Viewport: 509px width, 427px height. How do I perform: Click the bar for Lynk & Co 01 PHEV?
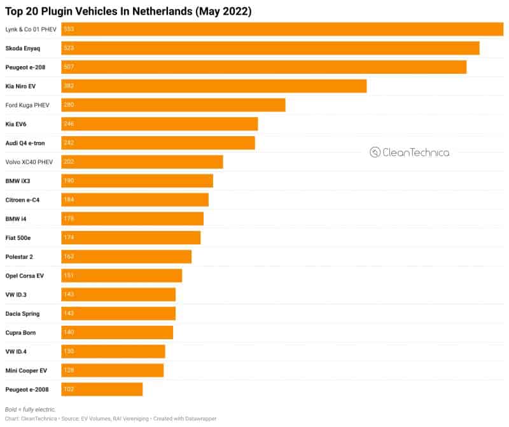coord(282,29)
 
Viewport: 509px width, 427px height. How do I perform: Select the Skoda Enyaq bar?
coord(270,48)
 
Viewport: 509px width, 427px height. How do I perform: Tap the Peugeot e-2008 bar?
coord(102,389)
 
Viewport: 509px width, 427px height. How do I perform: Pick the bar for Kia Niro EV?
coord(214,86)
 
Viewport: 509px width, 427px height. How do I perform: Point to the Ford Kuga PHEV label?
coord(27,105)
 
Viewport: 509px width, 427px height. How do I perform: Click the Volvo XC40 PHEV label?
coord(29,162)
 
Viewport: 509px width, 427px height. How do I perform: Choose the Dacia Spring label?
coord(22,314)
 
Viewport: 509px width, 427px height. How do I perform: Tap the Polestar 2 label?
coord(19,256)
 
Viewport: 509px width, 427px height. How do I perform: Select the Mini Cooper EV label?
coord(26,370)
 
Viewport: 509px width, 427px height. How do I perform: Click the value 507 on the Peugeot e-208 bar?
coord(69,67)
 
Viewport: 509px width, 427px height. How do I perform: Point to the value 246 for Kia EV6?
coord(69,124)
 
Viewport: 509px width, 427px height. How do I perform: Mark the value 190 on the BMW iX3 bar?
coord(69,181)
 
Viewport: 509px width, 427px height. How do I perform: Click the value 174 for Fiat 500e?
coord(69,237)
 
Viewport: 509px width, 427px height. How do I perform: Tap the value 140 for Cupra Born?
coord(69,332)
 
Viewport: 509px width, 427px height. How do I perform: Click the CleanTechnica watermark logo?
coord(410,153)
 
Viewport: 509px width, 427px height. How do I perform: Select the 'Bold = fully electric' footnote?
coord(31,409)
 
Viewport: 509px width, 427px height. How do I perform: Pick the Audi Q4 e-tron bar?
coord(158,143)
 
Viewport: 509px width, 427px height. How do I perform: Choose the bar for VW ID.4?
coord(113,351)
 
